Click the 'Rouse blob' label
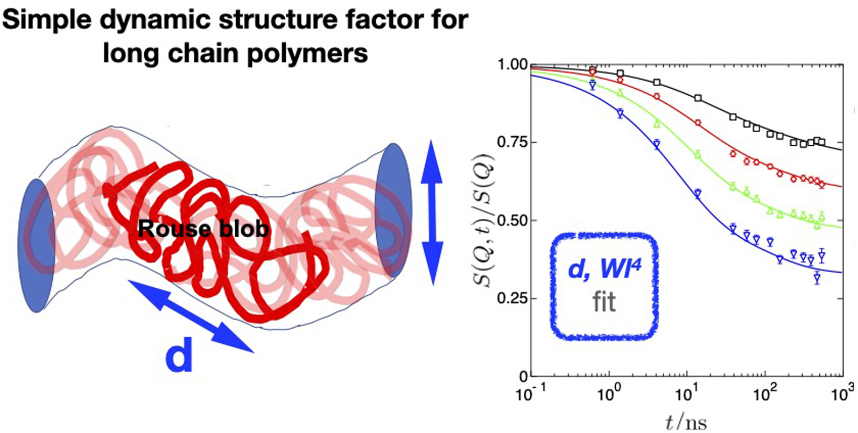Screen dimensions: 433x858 click(x=203, y=229)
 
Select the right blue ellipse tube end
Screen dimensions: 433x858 click(x=394, y=210)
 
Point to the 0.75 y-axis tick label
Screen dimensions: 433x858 click(x=514, y=143)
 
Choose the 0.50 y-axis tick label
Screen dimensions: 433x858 click(x=514, y=221)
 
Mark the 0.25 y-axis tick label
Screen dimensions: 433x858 click(x=514, y=299)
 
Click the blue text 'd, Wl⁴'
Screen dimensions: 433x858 click(x=604, y=269)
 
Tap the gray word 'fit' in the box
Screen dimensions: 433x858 click(x=604, y=302)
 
